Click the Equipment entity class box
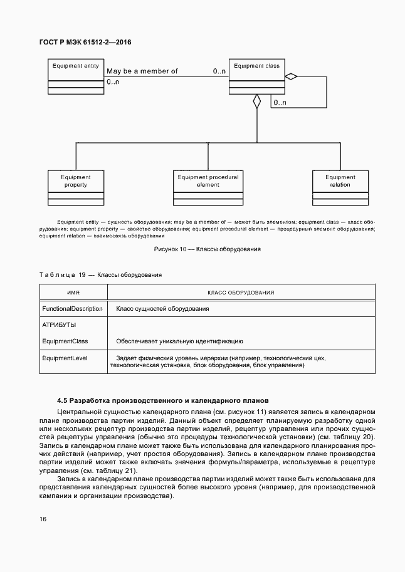tap(76, 76)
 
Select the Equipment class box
tap(256, 76)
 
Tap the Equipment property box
tap(76, 187)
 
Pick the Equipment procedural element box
tap(208, 187)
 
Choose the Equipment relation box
tap(340, 187)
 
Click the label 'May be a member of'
tap(142, 71)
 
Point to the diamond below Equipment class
tap(256, 102)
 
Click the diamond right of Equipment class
tap(290, 76)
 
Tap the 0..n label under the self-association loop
tap(280, 102)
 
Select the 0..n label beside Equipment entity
tap(113, 82)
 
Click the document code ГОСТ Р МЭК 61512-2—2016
tap(85, 43)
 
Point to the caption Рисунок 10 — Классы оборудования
tap(208, 249)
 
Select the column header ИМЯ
tap(73, 293)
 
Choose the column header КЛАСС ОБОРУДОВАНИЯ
tap(241, 293)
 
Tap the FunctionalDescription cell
tap(72, 309)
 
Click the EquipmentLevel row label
tap(65, 358)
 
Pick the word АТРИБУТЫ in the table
tap(59, 325)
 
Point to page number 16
tap(43, 519)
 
